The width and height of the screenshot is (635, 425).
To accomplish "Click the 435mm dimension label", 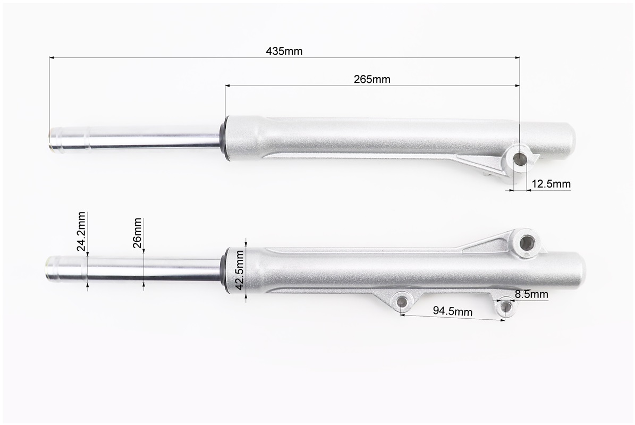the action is click(284, 51).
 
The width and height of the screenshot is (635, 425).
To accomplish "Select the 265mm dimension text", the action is click(372, 79).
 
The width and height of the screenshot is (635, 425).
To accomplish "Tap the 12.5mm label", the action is click(551, 184).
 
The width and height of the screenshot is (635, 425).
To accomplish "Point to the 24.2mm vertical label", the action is click(81, 231).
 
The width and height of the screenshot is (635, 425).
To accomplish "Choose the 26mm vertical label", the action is click(137, 232).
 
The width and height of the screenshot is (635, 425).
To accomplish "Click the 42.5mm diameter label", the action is click(239, 270).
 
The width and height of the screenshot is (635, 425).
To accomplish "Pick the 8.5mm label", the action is click(531, 294).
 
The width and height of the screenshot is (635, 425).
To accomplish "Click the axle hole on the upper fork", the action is click(520, 158).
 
